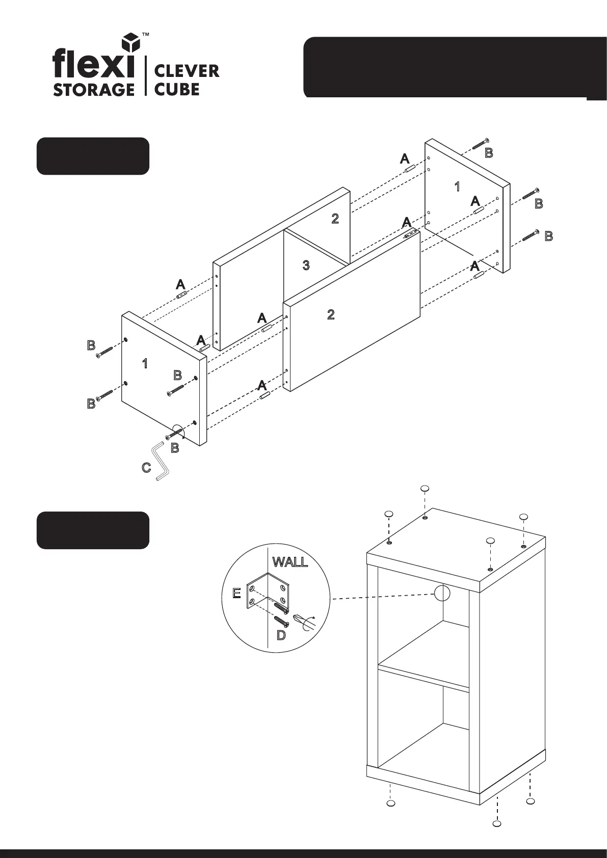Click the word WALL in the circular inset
(290, 562)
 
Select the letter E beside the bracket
(236, 593)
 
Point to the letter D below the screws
(281, 635)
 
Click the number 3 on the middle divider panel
(306, 265)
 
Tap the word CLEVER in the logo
(187, 71)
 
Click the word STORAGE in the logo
(94, 89)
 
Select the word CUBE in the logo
(176, 89)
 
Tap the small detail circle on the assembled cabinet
(442, 593)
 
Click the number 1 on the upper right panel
(457, 187)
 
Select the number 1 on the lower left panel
(145, 364)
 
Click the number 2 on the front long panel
(331, 315)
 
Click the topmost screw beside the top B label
(481, 144)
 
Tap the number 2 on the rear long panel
(335, 219)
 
